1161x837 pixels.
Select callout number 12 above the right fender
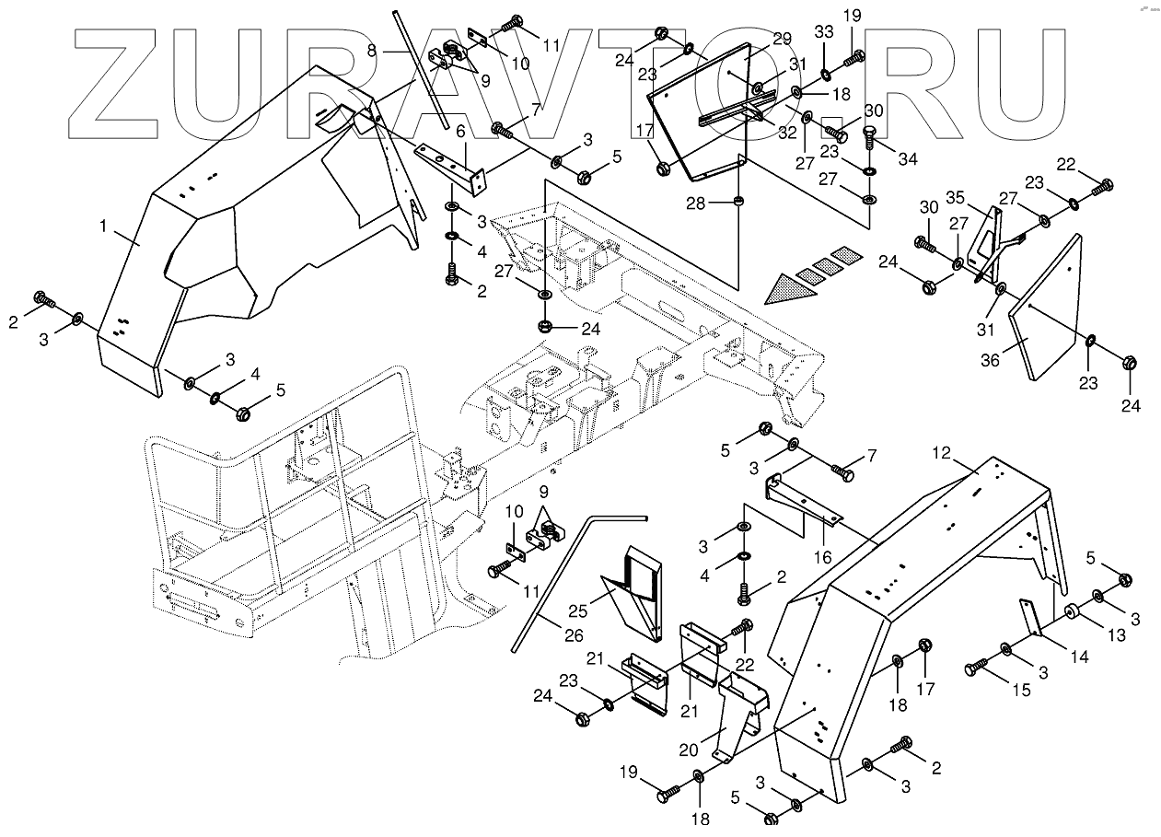941,452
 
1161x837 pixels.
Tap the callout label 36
990,361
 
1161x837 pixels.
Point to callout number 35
954,197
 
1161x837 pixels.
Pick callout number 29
782,38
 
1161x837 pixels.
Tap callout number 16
822,557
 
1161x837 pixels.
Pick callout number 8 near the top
372,52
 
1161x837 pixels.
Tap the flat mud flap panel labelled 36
1045,304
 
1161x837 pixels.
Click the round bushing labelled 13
1073,611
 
